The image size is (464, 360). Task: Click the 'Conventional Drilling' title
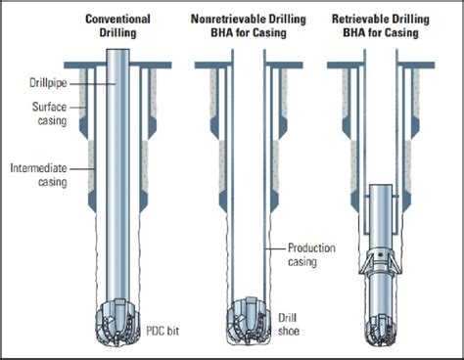[117, 25]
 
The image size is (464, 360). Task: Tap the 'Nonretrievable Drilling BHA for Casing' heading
[249, 25]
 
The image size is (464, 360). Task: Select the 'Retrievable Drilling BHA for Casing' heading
[381, 25]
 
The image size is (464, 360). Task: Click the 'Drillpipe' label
[48, 83]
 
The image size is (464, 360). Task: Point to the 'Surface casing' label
[50, 113]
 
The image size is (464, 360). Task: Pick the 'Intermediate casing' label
[38, 175]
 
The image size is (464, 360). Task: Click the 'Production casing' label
[311, 254]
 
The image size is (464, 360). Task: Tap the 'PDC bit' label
[162, 331]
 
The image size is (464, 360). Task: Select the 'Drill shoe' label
[289, 324]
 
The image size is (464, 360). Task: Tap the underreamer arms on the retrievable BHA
[381, 261]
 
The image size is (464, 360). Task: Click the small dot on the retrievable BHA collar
[379, 254]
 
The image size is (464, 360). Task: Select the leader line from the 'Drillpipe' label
[93, 84]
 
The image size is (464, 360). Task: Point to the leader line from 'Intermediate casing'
[82, 169]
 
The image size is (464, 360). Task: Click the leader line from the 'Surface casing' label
[77, 108]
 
